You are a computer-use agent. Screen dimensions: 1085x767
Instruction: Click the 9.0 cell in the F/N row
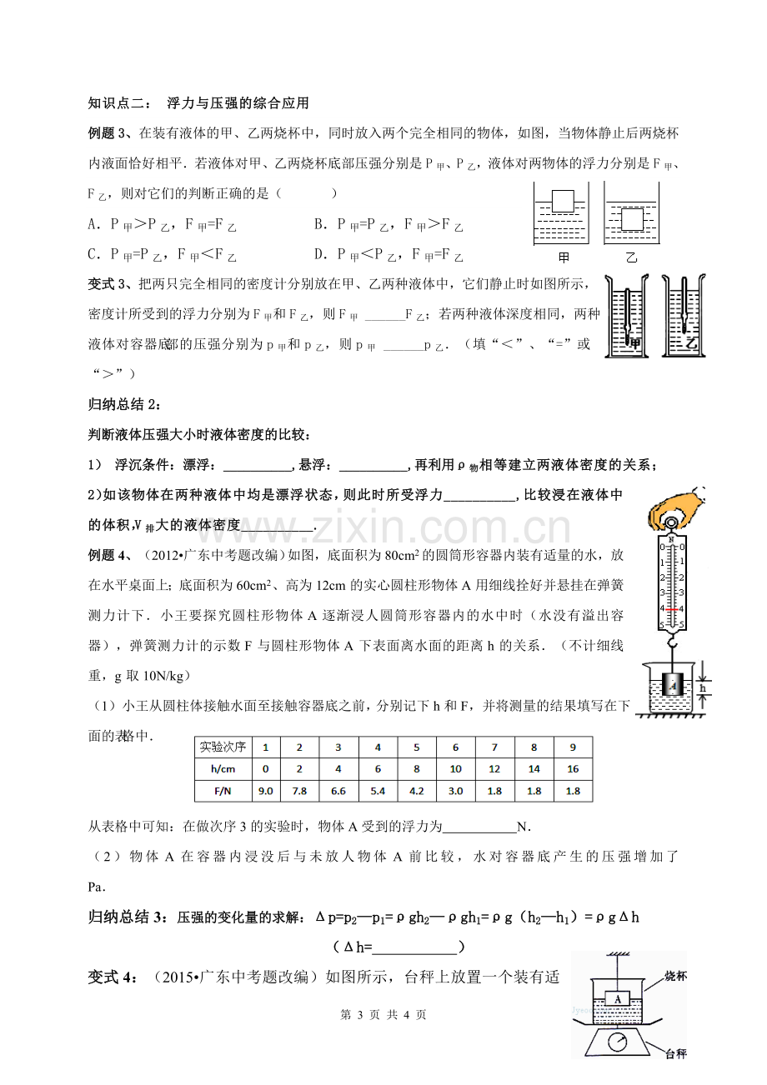click(x=265, y=791)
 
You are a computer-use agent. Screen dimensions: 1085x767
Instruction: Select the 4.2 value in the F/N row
click(x=416, y=791)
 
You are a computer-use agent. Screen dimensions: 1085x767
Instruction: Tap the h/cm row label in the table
click(x=221, y=769)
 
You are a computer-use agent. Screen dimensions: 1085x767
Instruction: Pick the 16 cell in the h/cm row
click(x=573, y=769)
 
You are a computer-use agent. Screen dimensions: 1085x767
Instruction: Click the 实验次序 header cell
click(x=221, y=747)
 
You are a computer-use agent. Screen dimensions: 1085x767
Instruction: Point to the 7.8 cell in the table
click(x=302, y=791)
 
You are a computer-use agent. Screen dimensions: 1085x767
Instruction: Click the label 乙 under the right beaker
click(x=631, y=257)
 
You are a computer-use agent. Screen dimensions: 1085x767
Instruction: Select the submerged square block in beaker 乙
click(x=632, y=217)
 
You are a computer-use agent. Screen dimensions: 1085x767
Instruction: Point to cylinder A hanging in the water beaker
click(x=672, y=686)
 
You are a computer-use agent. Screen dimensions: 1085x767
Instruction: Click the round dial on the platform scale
click(x=619, y=1043)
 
